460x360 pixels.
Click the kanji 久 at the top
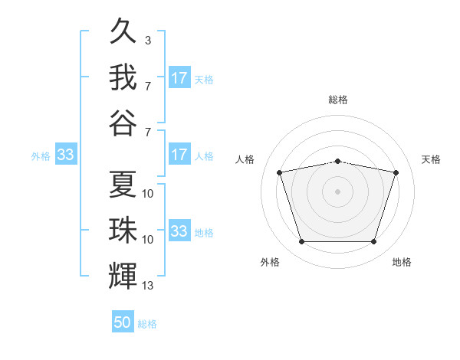pyautogui.click(x=123, y=31)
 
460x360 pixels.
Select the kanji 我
pyautogui.click(x=123, y=77)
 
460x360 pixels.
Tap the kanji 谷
pyautogui.click(x=123, y=123)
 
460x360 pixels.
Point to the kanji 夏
pyautogui.click(x=123, y=184)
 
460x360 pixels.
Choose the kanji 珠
pyautogui.click(x=123, y=230)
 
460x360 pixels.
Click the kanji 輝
pyautogui.click(x=123, y=276)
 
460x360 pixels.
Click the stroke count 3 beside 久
pyautogui.click(x=148, y=40)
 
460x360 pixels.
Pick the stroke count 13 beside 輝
pyautogui.click(x=147, y=285)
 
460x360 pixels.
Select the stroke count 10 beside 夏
pyautogui.click(x=147, y=194)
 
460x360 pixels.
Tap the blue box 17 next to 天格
pyautogui.click(x=179, y=77)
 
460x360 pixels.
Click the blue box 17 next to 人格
pyautogui.click(x=179, y=154)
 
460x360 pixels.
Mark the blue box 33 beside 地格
pyautogui.click(x=179, y=230)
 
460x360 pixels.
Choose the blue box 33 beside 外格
pyautogui.click(x=66, y=154)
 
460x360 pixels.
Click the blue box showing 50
pyautogui.click(x=123, y=321)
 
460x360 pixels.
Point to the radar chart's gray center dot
pyautogui.click(x=337, y=191)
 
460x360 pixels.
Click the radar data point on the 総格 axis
pyautogui.click(x=337, y=162)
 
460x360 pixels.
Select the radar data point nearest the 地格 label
pyautogui.click(x=373, y=241)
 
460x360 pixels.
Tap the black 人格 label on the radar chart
pyautogui.click(x=245, y=159)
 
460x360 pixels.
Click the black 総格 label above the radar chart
pyautogui.click(x=337, y=100)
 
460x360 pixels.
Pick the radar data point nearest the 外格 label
pyautogui.click(x=301, y=241)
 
